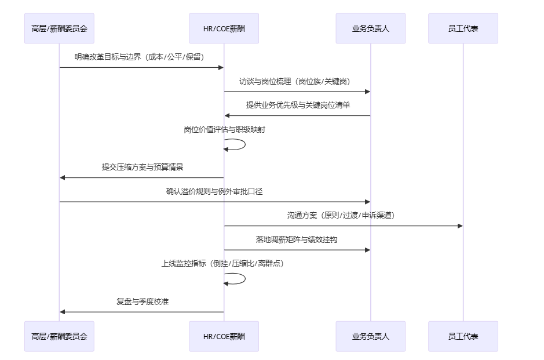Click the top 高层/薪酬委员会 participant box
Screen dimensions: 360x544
59,28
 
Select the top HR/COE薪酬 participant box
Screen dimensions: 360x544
224,28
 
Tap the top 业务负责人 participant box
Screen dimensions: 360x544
370,28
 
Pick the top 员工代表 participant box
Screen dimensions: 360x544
463,28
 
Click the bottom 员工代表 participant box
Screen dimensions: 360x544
463,336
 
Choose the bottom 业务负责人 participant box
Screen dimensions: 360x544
370,336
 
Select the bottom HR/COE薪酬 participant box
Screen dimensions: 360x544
224,336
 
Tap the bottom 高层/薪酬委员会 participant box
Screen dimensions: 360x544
59,336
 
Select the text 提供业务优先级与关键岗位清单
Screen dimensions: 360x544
297,106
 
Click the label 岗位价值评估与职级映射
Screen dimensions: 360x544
225,130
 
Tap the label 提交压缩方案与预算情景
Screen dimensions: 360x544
143,167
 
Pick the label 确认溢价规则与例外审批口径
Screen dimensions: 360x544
214,191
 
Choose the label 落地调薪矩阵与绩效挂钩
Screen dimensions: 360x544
297,239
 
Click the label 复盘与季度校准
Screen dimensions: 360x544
143,301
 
